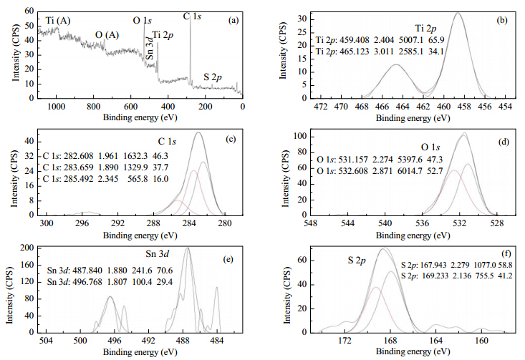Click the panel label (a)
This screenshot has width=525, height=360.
233,21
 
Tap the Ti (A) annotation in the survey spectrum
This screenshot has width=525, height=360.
58,21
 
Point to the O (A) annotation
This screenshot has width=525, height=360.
107,35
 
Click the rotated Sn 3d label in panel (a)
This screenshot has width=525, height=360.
150,49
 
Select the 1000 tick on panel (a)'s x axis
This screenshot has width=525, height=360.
57,107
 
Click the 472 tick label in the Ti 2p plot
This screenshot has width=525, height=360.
321,107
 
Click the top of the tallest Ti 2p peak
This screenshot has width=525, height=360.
458,13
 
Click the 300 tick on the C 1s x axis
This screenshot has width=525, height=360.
47,223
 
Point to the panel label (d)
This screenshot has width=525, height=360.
504,142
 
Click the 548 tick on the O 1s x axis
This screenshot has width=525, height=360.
310,223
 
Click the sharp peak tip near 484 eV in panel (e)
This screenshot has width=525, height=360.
216,287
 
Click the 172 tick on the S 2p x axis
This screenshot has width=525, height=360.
345,341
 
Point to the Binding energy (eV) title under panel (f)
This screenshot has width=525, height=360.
413,351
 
